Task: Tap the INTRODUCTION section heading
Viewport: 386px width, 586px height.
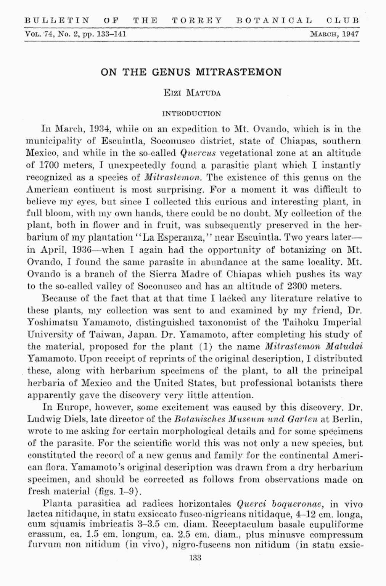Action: coord(191,114)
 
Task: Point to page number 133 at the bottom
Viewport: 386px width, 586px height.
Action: coord(195,557)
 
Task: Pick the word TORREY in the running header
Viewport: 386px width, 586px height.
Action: coord(196,20)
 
